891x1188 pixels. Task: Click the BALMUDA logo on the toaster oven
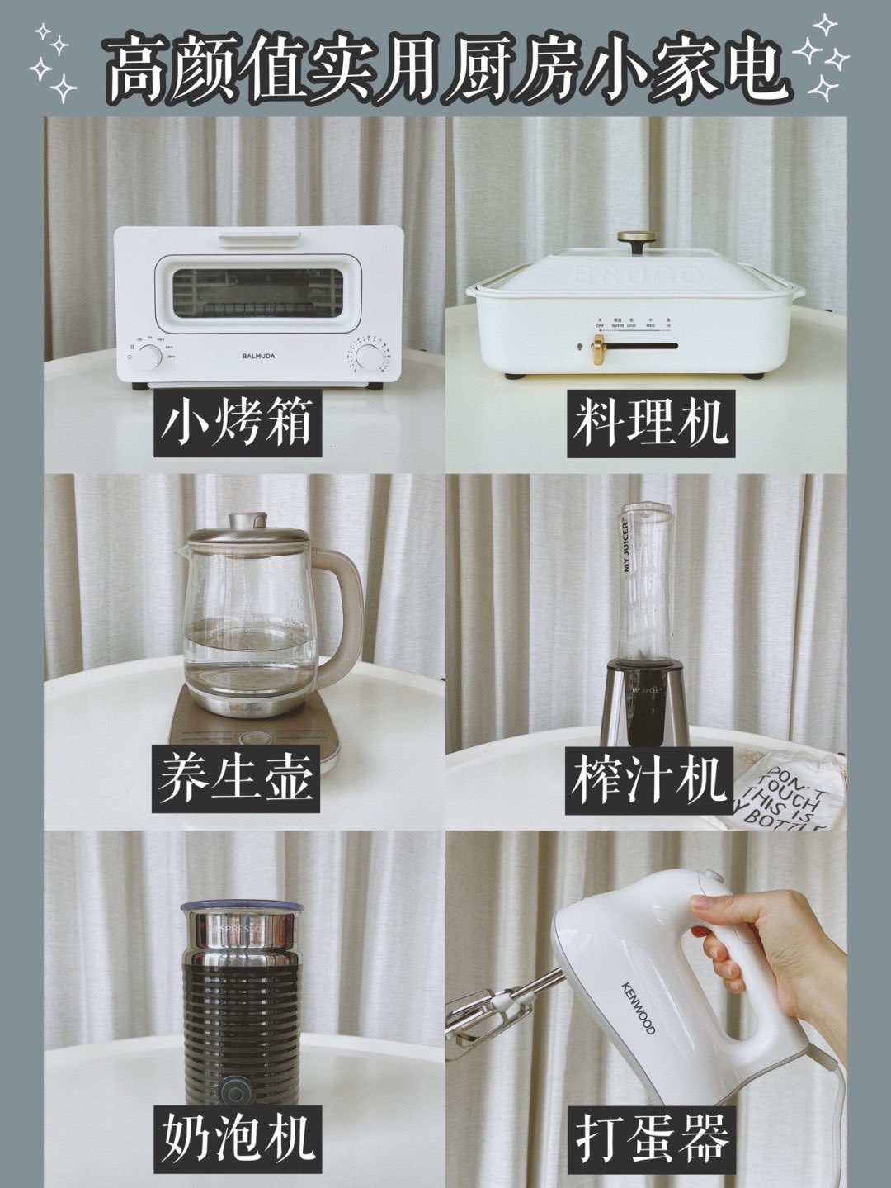tap(259, 357)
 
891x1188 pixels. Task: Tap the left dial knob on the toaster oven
tap(150, 357)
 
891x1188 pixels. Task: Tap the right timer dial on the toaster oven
tap(367, 357)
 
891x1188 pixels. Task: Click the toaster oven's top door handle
tap(258, 240)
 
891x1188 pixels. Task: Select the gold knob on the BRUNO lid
tap(633, 240)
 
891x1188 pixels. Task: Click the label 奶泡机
tap(237, 1136)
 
